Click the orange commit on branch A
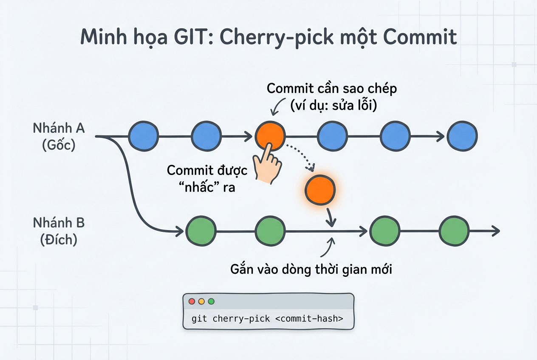pyautogui.click(x=270, y=136)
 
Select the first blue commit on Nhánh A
pyautogui.click(x=143, y=136)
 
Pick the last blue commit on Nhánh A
pyautogui.click(x=462, y=136)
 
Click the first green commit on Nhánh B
pyautogui.click(x=201, y=231)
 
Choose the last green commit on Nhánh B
pyautogui.click(x=454, y=231)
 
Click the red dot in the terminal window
pyautogui.click(x=192, y=301)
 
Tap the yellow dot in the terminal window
pyautogui.click(x=201, y=301)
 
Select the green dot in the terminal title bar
pyautogui.click(x=211, y=301)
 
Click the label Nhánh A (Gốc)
pyautogui.click(x=59, y=137)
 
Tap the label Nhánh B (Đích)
pyautogui.click(x=59, y=231)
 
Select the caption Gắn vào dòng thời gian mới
pyautogui.click(x=311, y=269)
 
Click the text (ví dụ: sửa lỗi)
pyautogui.click(x=334, y=105)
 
